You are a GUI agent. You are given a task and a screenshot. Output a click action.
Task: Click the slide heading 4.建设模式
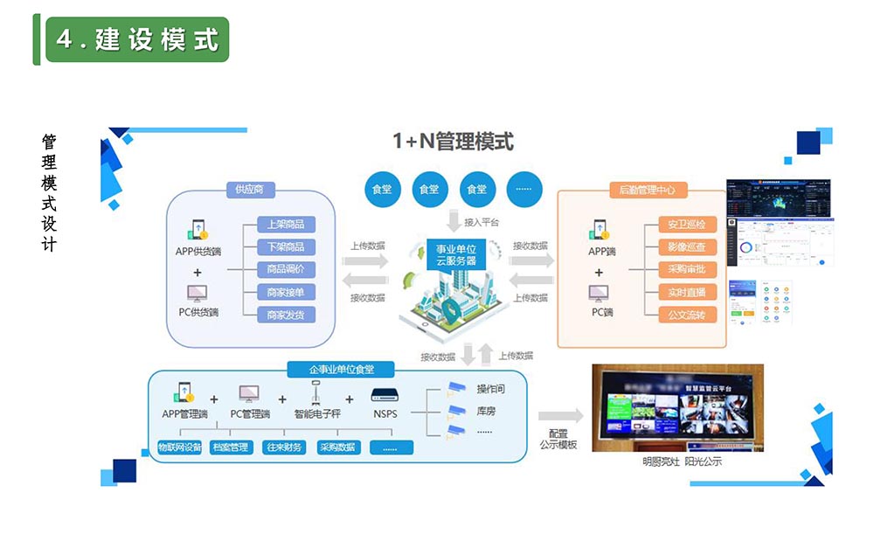pos(137,39)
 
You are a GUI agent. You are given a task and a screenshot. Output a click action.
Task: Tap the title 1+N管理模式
pos(452,141)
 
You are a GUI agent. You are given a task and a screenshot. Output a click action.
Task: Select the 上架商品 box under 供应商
pos(286,225)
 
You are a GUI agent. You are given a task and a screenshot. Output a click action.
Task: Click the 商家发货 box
pos(286,315)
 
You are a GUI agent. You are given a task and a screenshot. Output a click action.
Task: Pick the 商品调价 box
pos(286,269)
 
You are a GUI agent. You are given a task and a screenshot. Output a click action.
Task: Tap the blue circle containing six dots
pos(524,189)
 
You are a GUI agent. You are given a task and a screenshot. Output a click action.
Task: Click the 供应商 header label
pos(250,189)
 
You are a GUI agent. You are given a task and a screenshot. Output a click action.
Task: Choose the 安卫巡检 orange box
pos(687,225)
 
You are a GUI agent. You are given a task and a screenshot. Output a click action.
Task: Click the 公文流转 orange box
pos(687,315)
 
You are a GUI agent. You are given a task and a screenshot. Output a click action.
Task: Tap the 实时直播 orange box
pos(687,292)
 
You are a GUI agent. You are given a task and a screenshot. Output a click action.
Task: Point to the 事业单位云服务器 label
pos(450,254)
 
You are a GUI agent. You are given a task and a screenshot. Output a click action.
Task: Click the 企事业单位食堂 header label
pos(340,369)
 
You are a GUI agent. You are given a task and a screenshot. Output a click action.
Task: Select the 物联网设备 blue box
pos(180,447)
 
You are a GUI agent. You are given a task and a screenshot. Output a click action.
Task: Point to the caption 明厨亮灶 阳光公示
pos(682,461)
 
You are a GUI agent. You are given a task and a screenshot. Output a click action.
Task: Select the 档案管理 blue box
pos(231,447)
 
